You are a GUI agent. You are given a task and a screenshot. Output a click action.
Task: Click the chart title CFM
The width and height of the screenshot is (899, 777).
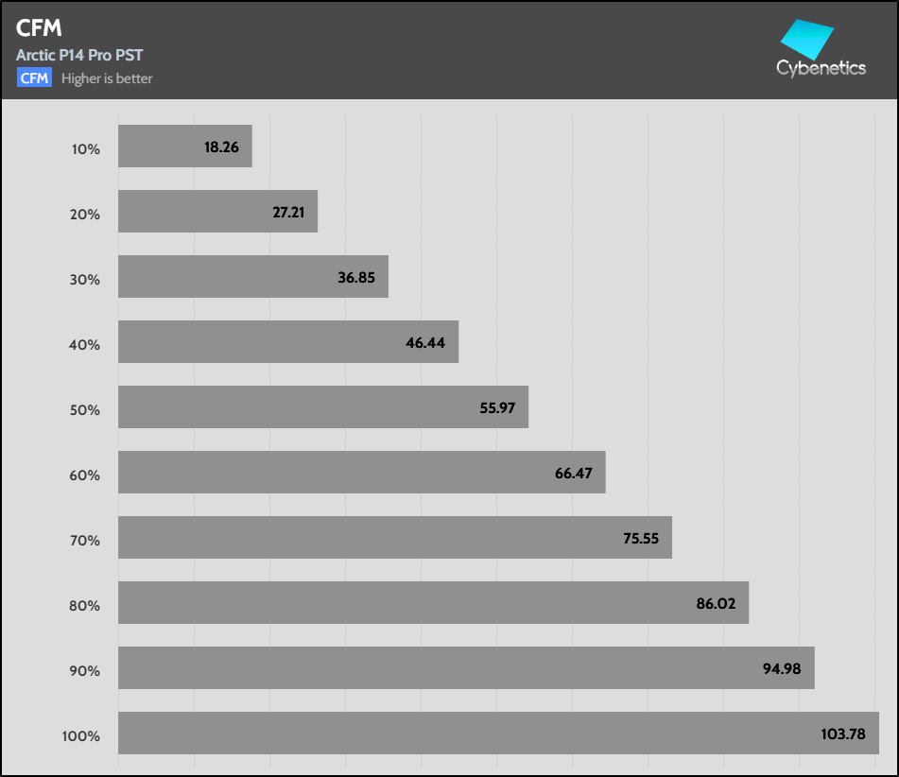[x=39, y=29]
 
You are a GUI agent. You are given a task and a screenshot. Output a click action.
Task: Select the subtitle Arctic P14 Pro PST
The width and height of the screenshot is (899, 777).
[x=79, y=55]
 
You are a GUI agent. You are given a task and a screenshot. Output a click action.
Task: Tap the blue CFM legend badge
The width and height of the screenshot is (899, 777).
[x=34, y=78]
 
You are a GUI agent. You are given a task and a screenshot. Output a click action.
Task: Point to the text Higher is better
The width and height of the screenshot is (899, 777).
[x=107, y=78]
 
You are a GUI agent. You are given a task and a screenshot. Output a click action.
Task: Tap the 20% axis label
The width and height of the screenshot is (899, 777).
[x=84, y=215]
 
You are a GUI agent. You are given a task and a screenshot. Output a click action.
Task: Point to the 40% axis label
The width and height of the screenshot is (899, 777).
[x=84, y=345]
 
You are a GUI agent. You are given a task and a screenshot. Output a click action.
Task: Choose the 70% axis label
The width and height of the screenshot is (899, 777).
[x=84, y=541]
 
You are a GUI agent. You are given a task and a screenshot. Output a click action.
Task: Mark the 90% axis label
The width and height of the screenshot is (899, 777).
[x=84, y=671]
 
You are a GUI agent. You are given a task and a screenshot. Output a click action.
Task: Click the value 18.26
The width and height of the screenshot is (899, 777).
[x=220, y=147]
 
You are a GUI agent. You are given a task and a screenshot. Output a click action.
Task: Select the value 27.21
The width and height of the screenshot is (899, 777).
[x=288, y=213]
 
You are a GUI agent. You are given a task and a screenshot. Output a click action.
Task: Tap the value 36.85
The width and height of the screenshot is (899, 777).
[x=358, y=278]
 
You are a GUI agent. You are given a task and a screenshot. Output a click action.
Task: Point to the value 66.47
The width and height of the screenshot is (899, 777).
[x=574, y=473]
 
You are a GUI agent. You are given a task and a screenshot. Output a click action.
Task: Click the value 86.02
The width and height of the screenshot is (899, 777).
[x=717, y=603]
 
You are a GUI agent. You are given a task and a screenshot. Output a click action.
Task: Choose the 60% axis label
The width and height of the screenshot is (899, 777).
[x=84, y=475]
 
